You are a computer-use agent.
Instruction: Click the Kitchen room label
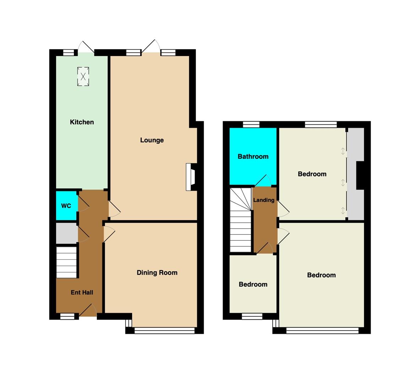(82, 122)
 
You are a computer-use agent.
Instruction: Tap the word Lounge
(152, 140)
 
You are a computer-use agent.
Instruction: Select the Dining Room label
(157, 273)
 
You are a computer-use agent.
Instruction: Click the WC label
(66, 206)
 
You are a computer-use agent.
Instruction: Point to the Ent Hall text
(82, 293)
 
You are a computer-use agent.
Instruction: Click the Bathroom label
(253, 157)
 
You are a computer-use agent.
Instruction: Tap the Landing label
(264, 200)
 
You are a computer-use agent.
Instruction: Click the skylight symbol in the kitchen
(83, 77)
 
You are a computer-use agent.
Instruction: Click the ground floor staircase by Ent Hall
(66, 262)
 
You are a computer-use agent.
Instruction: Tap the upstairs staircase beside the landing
(241, 220)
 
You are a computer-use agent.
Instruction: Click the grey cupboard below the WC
(67, 234)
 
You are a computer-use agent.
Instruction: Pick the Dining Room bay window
(164, 331)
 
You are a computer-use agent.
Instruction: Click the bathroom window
(251, 124)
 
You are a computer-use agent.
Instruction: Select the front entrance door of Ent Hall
(88, 310)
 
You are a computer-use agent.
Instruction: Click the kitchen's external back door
(86, 47)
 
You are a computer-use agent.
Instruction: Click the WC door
(83, 204)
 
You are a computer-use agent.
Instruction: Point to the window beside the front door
(67, 317)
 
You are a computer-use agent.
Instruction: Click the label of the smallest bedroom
(253, 284)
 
